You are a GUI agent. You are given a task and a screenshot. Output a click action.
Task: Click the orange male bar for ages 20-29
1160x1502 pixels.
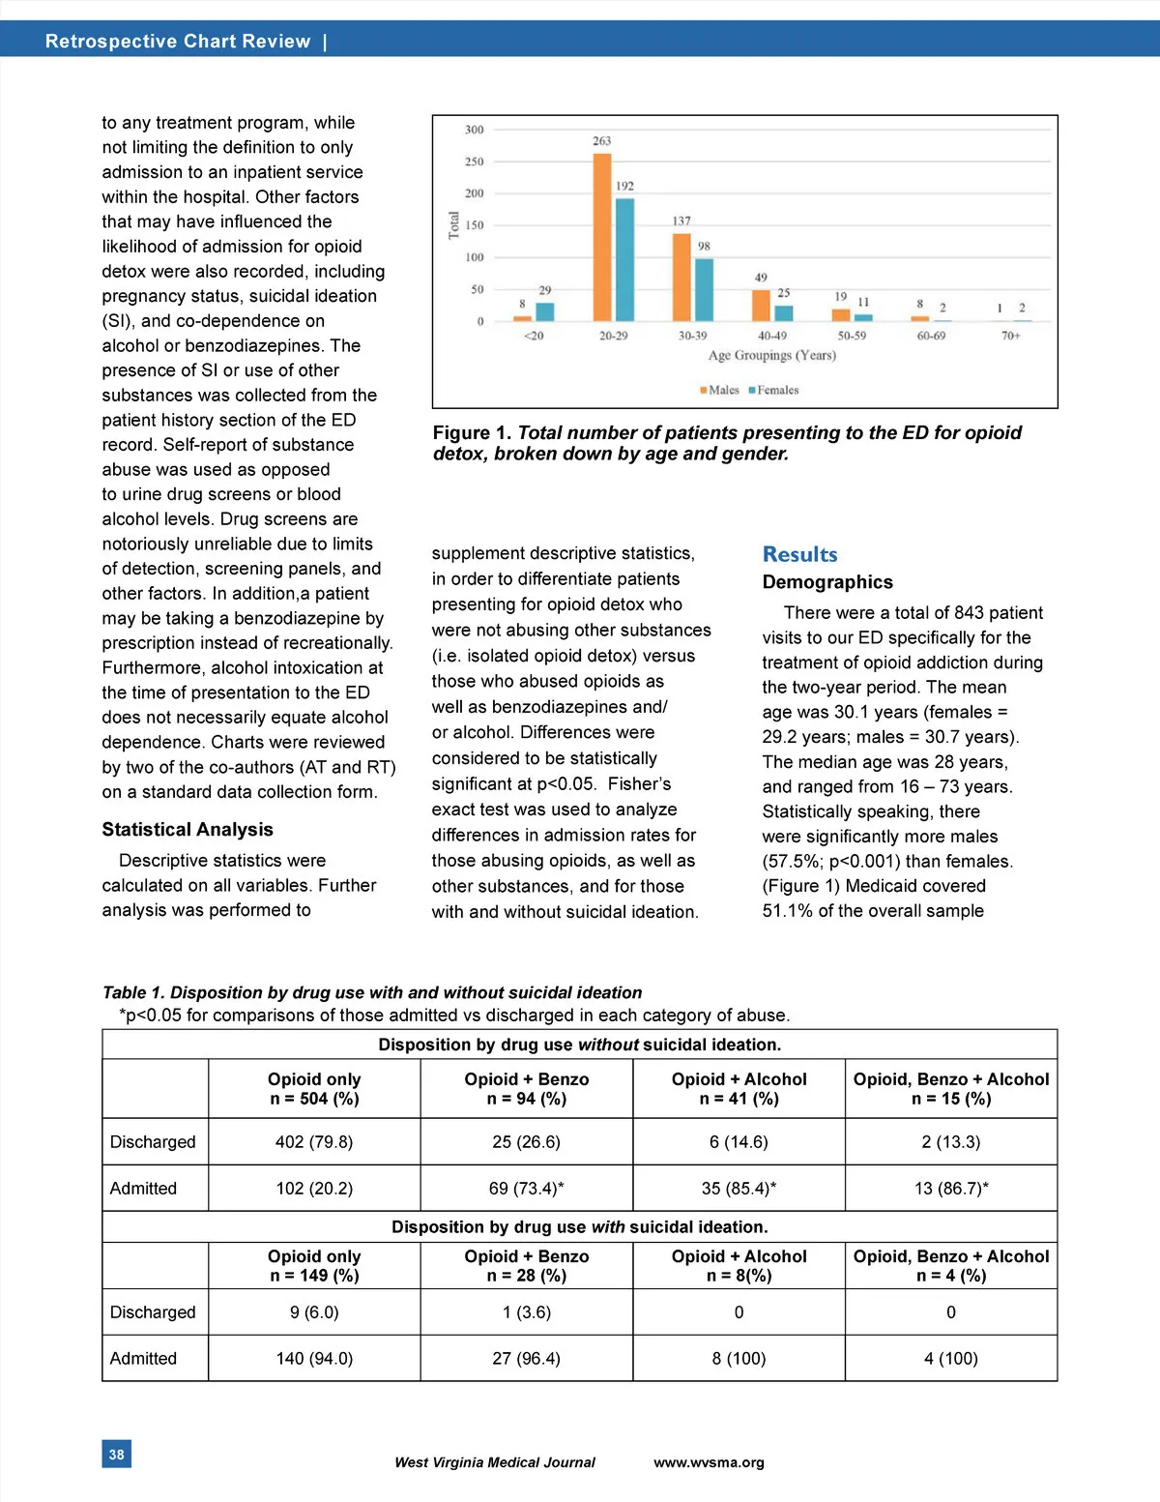click(x=602, y=237)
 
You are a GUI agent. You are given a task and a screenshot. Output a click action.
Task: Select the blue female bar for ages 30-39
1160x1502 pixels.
click(x=704, y=289)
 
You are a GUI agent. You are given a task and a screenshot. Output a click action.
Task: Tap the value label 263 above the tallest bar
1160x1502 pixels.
click(x=602, y=141)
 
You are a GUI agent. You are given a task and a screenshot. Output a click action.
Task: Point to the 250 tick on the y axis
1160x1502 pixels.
click(x=474, y=162)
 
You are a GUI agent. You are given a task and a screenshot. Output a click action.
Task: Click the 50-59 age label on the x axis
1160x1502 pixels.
click(x=852, y=336)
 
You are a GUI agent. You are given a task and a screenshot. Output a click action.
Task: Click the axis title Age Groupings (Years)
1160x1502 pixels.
click(x=771, y=355)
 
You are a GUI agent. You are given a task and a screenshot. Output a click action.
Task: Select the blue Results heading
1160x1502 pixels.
click(x=799, y=554)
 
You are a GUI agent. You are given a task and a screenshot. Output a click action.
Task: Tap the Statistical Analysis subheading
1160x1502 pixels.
click(x=188, y=829)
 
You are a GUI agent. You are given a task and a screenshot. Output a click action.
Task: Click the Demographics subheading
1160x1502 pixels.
click(x=827, y=582)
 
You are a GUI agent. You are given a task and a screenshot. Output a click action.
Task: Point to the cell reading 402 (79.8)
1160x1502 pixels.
click(x=314, y=1141)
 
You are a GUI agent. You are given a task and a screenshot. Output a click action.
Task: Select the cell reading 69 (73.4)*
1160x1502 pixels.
click(x=526, y=1188)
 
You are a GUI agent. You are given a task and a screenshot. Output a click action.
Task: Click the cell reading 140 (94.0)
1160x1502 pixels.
click(x=314, y=1358)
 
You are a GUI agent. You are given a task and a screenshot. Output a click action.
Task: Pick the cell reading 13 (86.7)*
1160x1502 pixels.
click(x=951, y=1188)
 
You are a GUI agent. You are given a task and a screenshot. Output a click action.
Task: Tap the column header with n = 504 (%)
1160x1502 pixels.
click(x=314, y=1089)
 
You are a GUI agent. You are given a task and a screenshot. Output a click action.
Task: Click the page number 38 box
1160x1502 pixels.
click(x=116, y=1454)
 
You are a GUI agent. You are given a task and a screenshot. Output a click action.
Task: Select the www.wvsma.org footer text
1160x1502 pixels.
click(x=709, y=1462)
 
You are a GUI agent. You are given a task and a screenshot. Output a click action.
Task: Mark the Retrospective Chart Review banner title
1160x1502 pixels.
click(x=178, y=42)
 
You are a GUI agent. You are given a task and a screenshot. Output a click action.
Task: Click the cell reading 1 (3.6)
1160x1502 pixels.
click(x=526, y=1312)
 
